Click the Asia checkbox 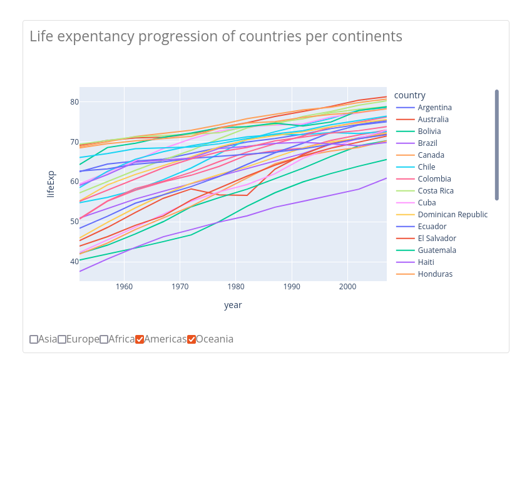click(x=34, y=339)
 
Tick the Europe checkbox click(x=62, y=339)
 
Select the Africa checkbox click(x=104, y=339)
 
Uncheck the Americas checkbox click(x=140, y=339)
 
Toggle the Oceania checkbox click(x=192, y=339)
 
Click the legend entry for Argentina click(x=434, y=108)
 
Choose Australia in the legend click(x=433, y=120)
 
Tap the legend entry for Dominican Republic click(x=453, y=215)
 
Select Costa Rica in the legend click(x=436, y=191)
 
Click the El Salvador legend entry click(x=437, y=239)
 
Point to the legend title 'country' click(x=410, y=95)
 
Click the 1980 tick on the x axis click(x=236, y=287)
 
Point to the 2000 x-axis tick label click(x=347, y=287)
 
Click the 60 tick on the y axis click(x=74, y=182)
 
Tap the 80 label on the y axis click(x=74, y=102)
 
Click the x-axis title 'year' click(x=233, y=305)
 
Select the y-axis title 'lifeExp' click(x=51, y=184)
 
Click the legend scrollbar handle click(x=497, y=145)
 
